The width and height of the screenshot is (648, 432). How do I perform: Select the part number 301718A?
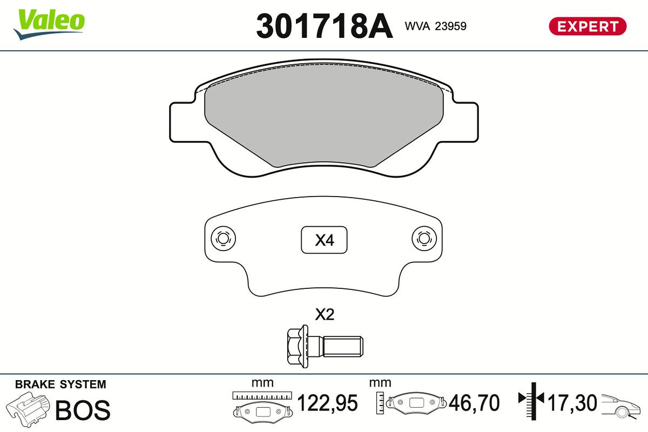point(324,26)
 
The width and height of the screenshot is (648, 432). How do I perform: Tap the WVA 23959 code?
point(435,26)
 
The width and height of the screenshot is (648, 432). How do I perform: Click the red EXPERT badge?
point(587,26)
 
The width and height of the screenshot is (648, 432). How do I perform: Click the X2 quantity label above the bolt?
point(325,315)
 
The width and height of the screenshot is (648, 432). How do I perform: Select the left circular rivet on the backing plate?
point(222,238)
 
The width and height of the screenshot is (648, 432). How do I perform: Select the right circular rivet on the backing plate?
point(423,238)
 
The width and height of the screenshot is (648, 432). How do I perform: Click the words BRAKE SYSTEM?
point(60,384)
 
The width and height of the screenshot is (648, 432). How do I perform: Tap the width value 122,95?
point(328,403)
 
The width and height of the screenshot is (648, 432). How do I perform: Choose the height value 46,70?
point(475,403)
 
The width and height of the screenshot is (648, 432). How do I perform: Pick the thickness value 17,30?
point(572,403)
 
